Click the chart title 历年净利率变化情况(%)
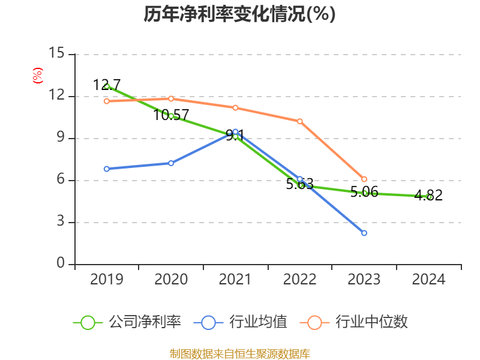239,14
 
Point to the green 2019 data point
107,86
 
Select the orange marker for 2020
171,98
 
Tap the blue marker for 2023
364,233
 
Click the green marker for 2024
429,196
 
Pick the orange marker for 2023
364,179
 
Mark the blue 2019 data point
107,169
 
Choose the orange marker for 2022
300,121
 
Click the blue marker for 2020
171,163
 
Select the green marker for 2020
171,116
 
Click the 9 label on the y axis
60,138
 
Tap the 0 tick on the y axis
60,264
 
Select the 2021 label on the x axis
235,280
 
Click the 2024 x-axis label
429,280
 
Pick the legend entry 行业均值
241,322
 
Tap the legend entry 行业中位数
358,322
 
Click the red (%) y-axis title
38,76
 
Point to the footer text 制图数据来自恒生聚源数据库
239,353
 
